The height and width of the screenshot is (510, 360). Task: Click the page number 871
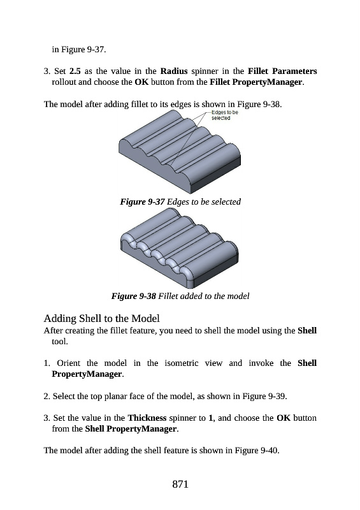point(180,484)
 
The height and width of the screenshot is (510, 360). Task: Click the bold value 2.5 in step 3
point(75,71)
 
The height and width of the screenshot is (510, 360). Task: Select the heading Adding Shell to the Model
point(102,318)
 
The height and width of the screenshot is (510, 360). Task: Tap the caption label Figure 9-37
point(143,201)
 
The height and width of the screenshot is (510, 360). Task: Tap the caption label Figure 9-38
point(134,296)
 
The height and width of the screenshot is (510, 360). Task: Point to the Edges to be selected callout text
point(225,115)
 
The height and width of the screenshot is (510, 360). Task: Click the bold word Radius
point(174,71)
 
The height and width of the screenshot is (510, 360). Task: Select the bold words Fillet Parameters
point(282,71)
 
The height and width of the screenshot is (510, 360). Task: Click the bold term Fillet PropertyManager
point(256,82)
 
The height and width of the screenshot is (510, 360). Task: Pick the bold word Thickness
point(147,418)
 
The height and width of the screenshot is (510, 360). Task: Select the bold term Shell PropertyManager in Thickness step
point(131,428)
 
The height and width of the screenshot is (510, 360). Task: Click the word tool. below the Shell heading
point(60,342)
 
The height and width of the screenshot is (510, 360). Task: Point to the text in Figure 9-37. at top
point(79,50)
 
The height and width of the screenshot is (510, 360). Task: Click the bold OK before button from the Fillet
point(141,82)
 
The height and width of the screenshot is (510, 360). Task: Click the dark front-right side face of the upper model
point(216,177)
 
